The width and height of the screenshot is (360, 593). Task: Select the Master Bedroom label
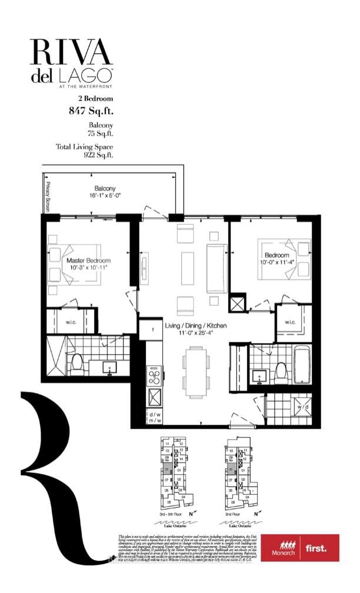[88, 261]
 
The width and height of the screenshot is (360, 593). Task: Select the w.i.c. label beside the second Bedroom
[290, 321]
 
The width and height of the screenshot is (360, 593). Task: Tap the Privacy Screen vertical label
[46, 196]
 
